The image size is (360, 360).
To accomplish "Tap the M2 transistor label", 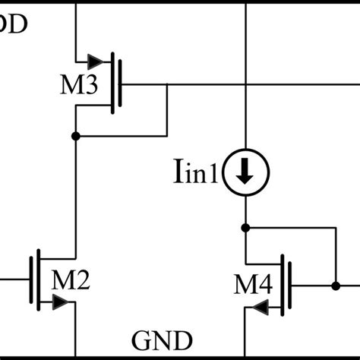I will click(71, 282).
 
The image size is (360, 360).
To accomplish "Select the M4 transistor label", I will click(252, 286).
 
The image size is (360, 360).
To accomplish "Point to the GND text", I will click(163, 339).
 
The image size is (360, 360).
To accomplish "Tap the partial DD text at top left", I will click(14, 24).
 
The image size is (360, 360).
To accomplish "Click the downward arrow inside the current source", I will click(245, 175).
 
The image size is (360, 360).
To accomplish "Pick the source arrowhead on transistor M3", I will click(94, 61).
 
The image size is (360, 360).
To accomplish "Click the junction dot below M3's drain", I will click(75, 137).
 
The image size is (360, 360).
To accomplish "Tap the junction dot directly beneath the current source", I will click(245, 226).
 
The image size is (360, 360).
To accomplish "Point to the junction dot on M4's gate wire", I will click(334, 286).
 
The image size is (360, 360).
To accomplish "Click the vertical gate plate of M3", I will click(121, 84).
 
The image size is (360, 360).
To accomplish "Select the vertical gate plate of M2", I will click(31, 280).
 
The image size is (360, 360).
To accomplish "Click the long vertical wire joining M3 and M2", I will click(75, 197).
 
